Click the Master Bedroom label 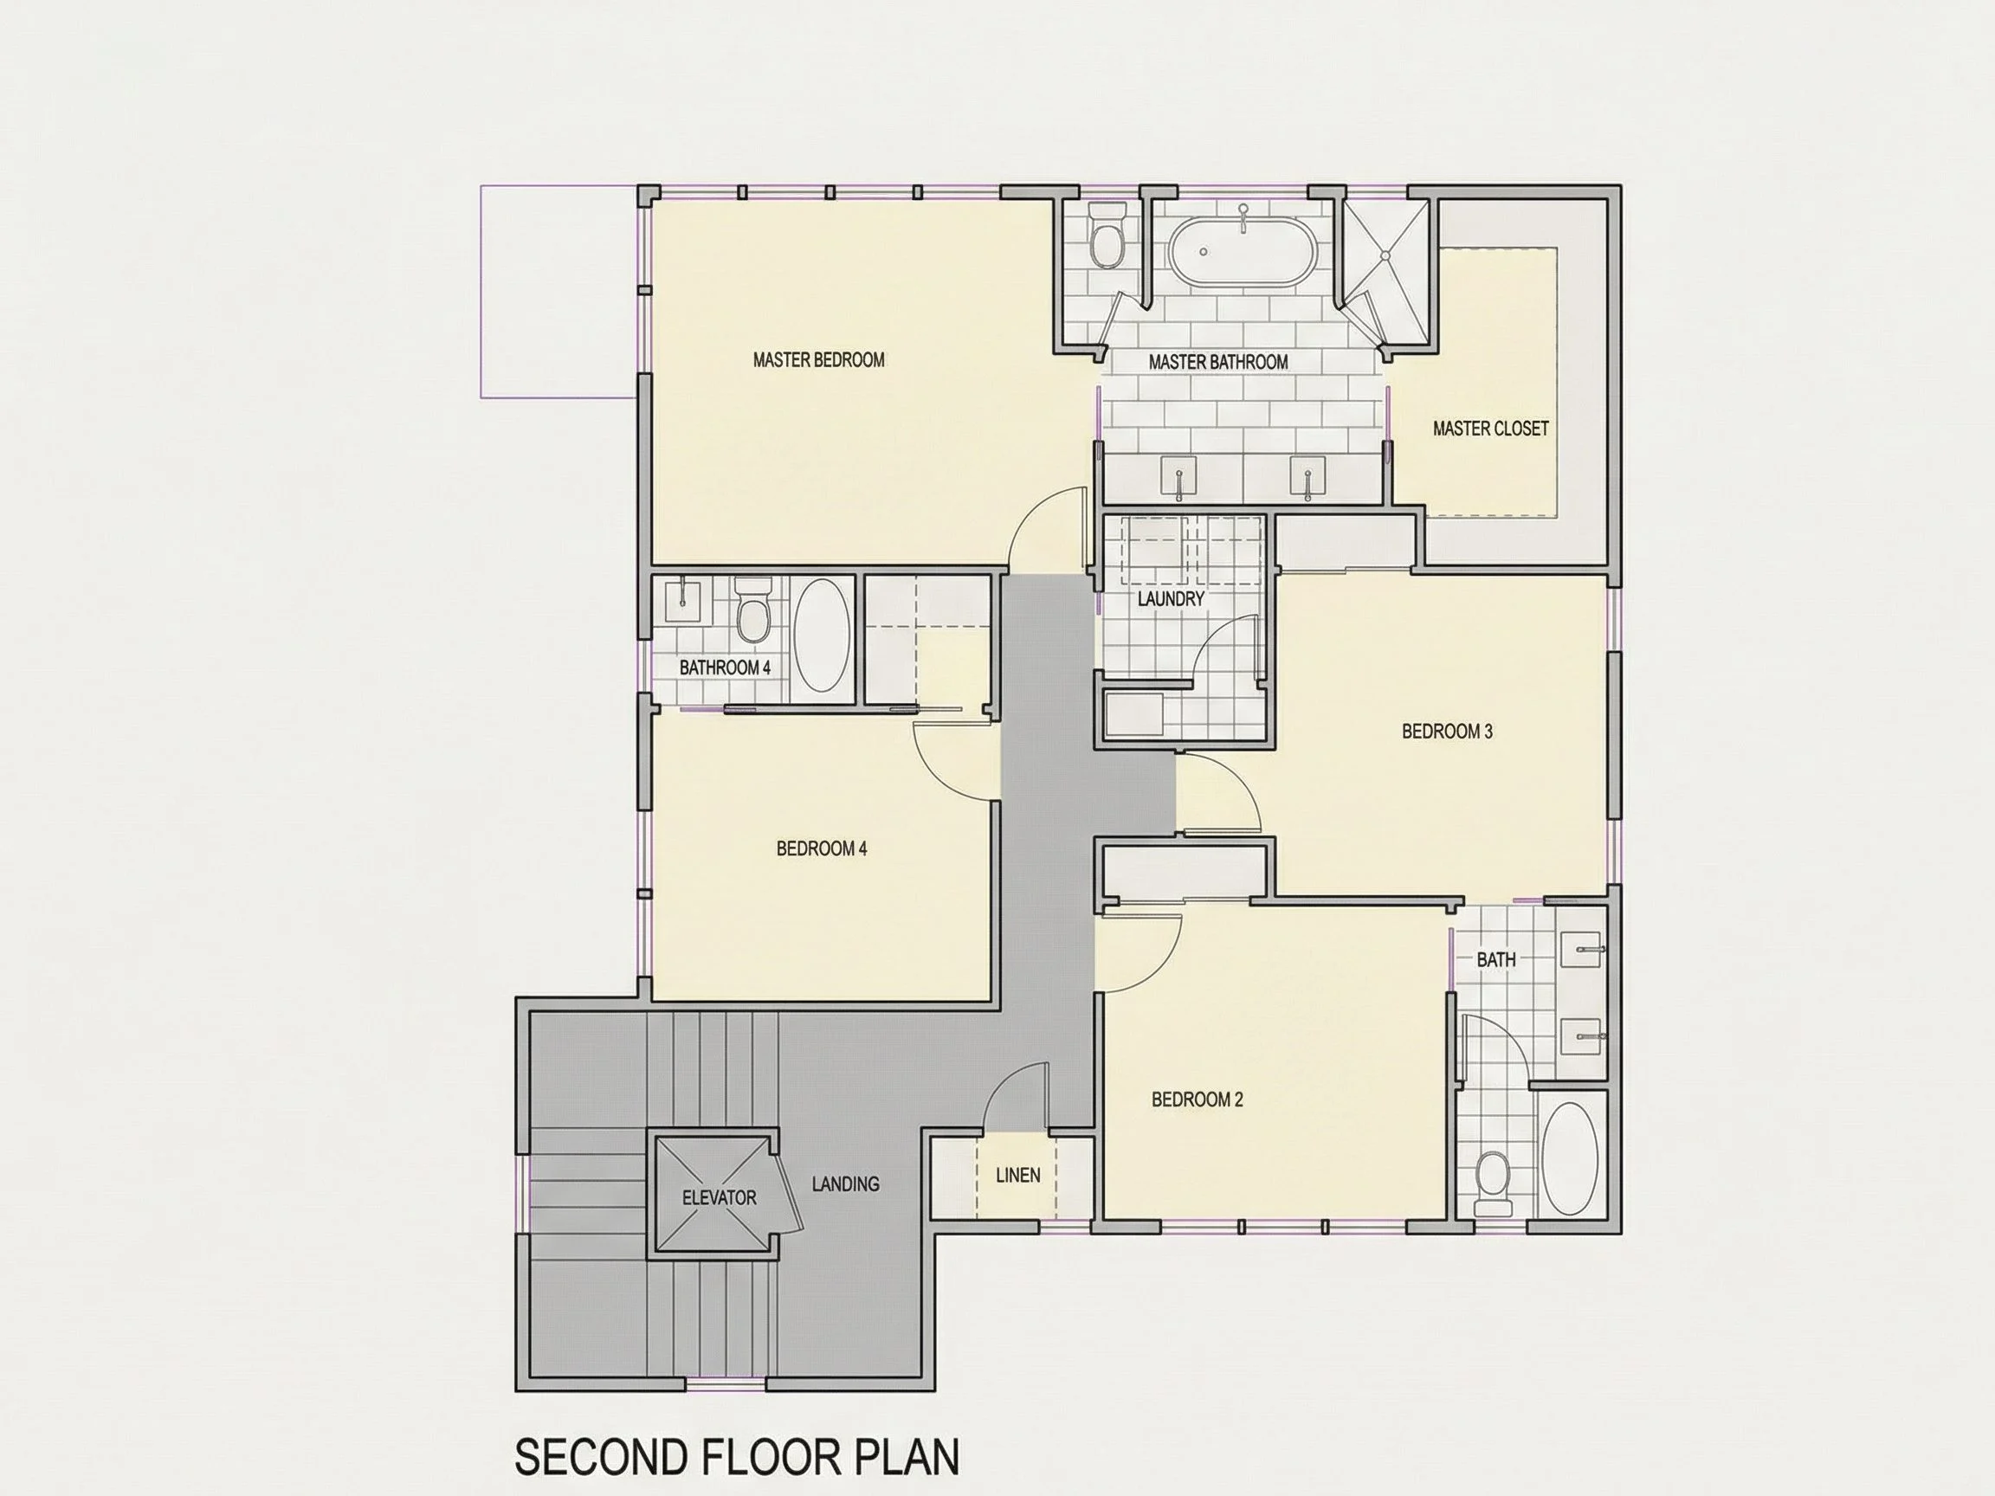819,360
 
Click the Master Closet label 1491,429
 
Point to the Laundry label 1171,599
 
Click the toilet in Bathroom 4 752,609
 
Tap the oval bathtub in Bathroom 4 822,635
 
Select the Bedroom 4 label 822,848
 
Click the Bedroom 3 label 1447,732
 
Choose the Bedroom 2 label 1197,1099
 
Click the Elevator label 719,1197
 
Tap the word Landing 845,1184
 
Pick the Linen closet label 1018,1175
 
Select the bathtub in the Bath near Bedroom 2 1570,1157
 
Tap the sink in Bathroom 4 682,602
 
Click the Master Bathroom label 1217,362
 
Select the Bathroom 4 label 724,667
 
